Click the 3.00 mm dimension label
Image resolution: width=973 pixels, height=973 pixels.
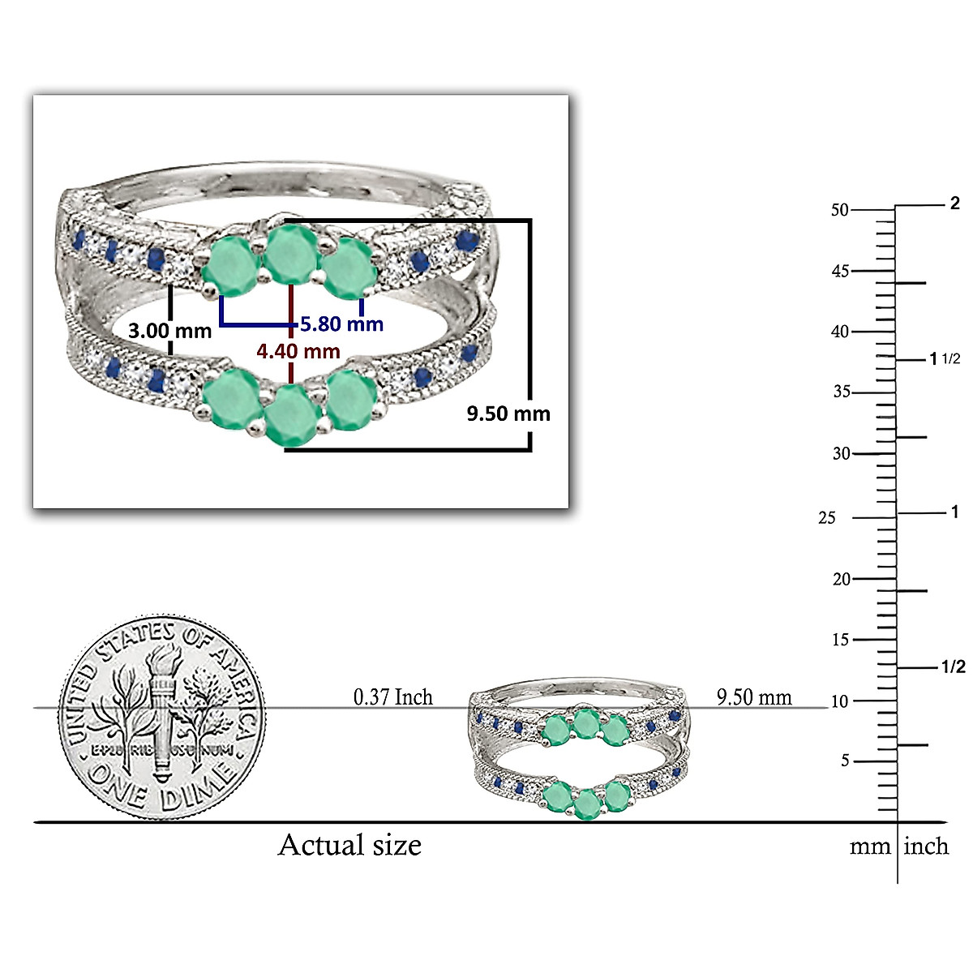point(169,331)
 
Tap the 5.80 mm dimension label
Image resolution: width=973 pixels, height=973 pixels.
point(341,324)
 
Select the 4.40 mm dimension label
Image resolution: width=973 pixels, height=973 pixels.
point(298,351)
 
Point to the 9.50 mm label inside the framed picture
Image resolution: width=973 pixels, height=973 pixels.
point(508,414)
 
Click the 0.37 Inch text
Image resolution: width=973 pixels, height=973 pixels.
point(393,697)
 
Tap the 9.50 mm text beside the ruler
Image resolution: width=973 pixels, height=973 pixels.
point(754,697)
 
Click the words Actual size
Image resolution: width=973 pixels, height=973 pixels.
point(349,845)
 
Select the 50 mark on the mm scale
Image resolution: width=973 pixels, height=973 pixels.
point(839,210)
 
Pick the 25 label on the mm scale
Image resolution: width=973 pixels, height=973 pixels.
point(826,517)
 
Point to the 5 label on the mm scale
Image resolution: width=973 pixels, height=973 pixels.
point(845,761)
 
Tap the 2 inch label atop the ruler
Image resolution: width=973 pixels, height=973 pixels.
point(954,203)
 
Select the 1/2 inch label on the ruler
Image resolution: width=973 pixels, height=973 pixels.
point(954,667)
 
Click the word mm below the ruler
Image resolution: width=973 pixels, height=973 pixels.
point(870,847)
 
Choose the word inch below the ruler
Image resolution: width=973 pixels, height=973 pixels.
point(926,847)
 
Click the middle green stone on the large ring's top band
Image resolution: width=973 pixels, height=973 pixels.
point(291,255)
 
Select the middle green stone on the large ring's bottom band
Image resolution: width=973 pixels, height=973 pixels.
point(291,415)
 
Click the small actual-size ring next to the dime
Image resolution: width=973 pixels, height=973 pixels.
point(581,750)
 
